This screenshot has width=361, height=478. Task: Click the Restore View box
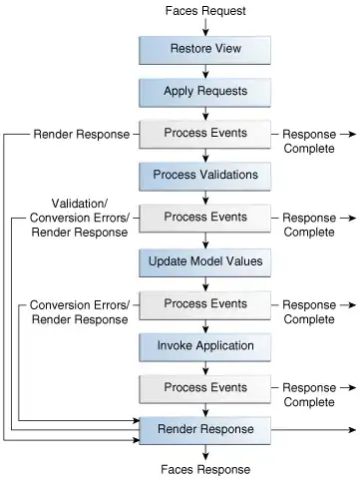[x=205, y=49]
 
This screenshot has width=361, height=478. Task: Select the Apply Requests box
[x=205, y=92]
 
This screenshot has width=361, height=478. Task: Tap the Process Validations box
[x=205, y=175]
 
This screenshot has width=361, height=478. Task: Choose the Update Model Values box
[x=205, y=261]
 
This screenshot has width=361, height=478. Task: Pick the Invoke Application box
[x=205, y=345]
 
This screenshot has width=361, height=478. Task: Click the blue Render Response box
[x=205, y=429]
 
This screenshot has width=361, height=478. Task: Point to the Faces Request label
[x=205, y=10]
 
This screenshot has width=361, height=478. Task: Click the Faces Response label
[x=205, y=469]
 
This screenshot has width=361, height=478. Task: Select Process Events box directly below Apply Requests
[x=205, y=134]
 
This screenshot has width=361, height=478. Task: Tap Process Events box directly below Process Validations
[x=205, y=218]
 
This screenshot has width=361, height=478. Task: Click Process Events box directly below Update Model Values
[x=205, y=303]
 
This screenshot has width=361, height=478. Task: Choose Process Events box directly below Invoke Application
[x=205, y=387]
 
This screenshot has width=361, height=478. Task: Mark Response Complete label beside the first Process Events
[x=310, y=141]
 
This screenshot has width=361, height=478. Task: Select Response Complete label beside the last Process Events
[x=310, y=394]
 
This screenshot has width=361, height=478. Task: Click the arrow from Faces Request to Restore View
[x=205, y=26]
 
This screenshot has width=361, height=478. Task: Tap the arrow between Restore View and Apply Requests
[x=205, y=70]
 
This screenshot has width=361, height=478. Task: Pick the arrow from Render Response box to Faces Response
[x=205, y=451]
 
